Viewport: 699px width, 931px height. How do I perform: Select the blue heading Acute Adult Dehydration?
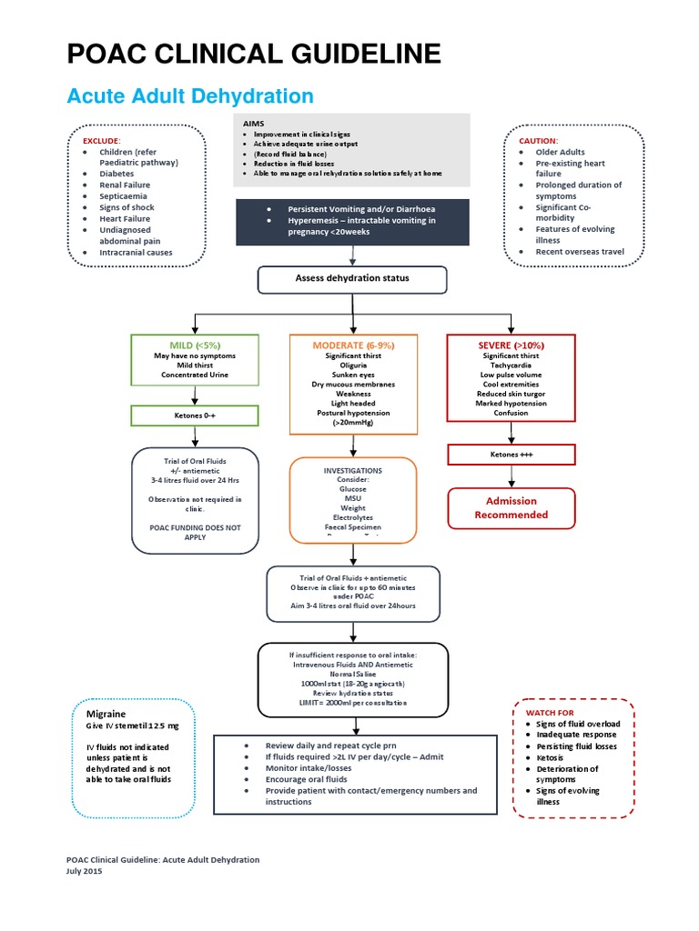190,96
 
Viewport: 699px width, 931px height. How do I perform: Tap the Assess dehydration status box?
351,279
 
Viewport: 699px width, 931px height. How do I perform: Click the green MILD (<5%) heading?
195,345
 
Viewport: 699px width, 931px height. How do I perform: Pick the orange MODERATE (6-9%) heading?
353,345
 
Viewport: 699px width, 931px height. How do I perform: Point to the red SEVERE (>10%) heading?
511,345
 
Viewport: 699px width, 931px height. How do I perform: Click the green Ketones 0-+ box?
195,415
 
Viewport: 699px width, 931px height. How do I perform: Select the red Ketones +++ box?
511,454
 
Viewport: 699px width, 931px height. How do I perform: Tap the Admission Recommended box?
511,507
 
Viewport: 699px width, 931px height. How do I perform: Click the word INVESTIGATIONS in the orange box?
353,471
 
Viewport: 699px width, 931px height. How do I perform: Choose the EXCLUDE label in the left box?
102,141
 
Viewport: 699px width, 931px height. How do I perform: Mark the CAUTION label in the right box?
538,141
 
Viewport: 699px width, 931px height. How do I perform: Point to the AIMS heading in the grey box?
253,123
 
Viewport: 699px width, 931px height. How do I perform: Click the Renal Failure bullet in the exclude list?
125,185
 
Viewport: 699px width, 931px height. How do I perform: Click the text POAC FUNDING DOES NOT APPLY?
196,532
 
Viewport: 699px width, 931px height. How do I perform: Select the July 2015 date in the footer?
85,871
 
